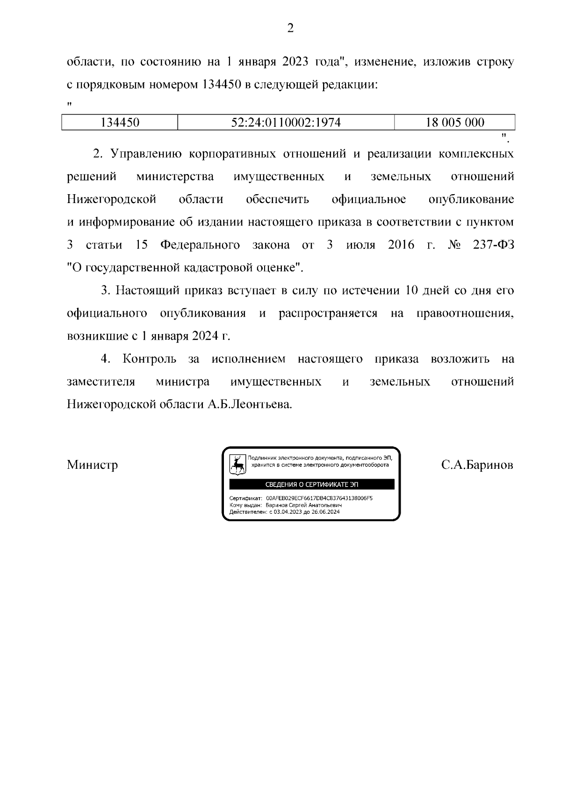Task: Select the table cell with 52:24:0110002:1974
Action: (x=286, y=123)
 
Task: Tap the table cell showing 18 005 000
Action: (x=454, y=123)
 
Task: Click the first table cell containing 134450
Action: (x=120, y=123)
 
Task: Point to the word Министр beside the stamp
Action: (x=92, y=465)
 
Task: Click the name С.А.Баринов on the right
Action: (x=477, y=465)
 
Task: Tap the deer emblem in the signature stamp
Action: (x=237, y=465)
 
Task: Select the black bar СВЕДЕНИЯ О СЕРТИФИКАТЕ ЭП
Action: (x=311, y=484)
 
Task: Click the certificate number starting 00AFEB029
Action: (x=319, y=499)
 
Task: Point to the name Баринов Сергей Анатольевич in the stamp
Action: (x=304, y=505)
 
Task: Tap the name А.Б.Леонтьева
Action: (x=250, y=404)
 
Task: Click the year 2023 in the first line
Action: (x=296, y=62)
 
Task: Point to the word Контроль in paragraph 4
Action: (x=150, y=359)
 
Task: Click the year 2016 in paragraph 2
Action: (x=401, y=245)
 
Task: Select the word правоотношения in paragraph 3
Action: (x=465, y=313)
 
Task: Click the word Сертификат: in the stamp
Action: (x=246, y=499)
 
